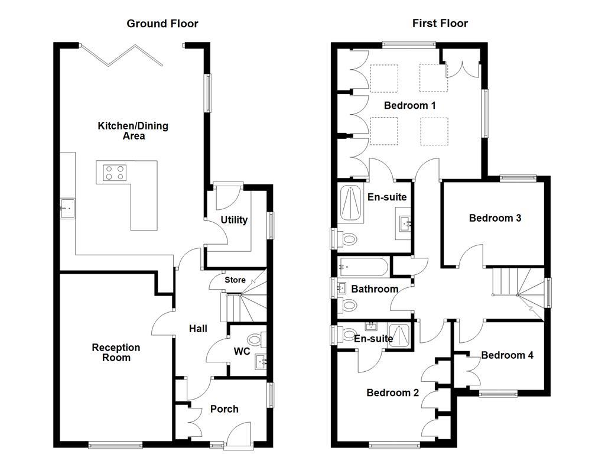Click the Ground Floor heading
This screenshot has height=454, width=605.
pos(162,24)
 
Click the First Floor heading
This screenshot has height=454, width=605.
pos(440,24)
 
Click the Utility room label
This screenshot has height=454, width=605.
pos(234,220)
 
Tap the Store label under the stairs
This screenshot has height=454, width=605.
pos(234,280)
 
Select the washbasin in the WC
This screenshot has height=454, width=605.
pos(261,360)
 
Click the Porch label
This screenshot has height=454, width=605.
pos(225,408)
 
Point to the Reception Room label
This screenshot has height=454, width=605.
pos(116,352)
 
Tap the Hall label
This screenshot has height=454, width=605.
pos(197,328)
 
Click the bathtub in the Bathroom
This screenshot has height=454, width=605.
pos(363,267)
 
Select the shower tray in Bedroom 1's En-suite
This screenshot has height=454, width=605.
pos(352,202)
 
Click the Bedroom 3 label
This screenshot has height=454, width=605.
pos(495,218)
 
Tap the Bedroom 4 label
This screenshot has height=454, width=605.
pos(507,355)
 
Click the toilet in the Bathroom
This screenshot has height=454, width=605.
pos(349,305)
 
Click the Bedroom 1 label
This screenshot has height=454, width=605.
pos(409,105)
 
